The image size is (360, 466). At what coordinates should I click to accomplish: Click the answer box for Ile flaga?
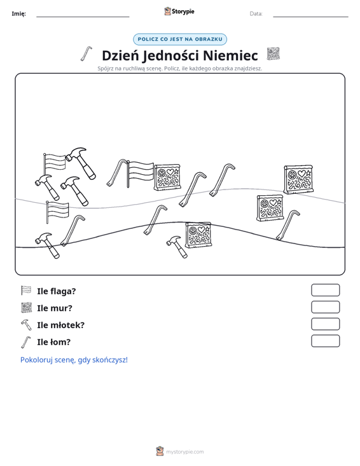pos(325,290)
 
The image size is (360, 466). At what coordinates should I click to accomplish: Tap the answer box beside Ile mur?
pos(325,307)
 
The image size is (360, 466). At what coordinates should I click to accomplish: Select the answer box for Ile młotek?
pos(325,324)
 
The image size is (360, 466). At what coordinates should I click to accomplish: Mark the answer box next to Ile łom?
pos(325,341)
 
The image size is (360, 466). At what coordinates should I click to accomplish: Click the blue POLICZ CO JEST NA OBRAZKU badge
pos(180,39)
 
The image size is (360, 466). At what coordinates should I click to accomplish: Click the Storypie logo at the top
pos(179,11)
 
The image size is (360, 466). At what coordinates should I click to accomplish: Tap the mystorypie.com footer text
pos(184,452)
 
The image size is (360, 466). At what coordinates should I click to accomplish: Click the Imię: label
pos(18,14)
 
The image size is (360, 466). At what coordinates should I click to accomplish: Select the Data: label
pos(256,14)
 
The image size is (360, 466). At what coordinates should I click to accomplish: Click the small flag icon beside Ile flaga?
pos(26,291)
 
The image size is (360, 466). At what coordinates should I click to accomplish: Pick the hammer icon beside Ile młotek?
pos(26,324)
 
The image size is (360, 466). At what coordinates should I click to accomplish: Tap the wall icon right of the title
pos(273,54)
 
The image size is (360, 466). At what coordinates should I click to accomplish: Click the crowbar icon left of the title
pos(87,54)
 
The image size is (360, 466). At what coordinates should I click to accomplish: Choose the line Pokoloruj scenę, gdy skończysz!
pos(74,360)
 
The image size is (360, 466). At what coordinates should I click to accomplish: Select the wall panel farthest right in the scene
pos(298,179)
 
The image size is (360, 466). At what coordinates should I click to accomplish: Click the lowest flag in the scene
pos(57,212)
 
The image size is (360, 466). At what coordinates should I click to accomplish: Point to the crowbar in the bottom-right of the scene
pos(287,225)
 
